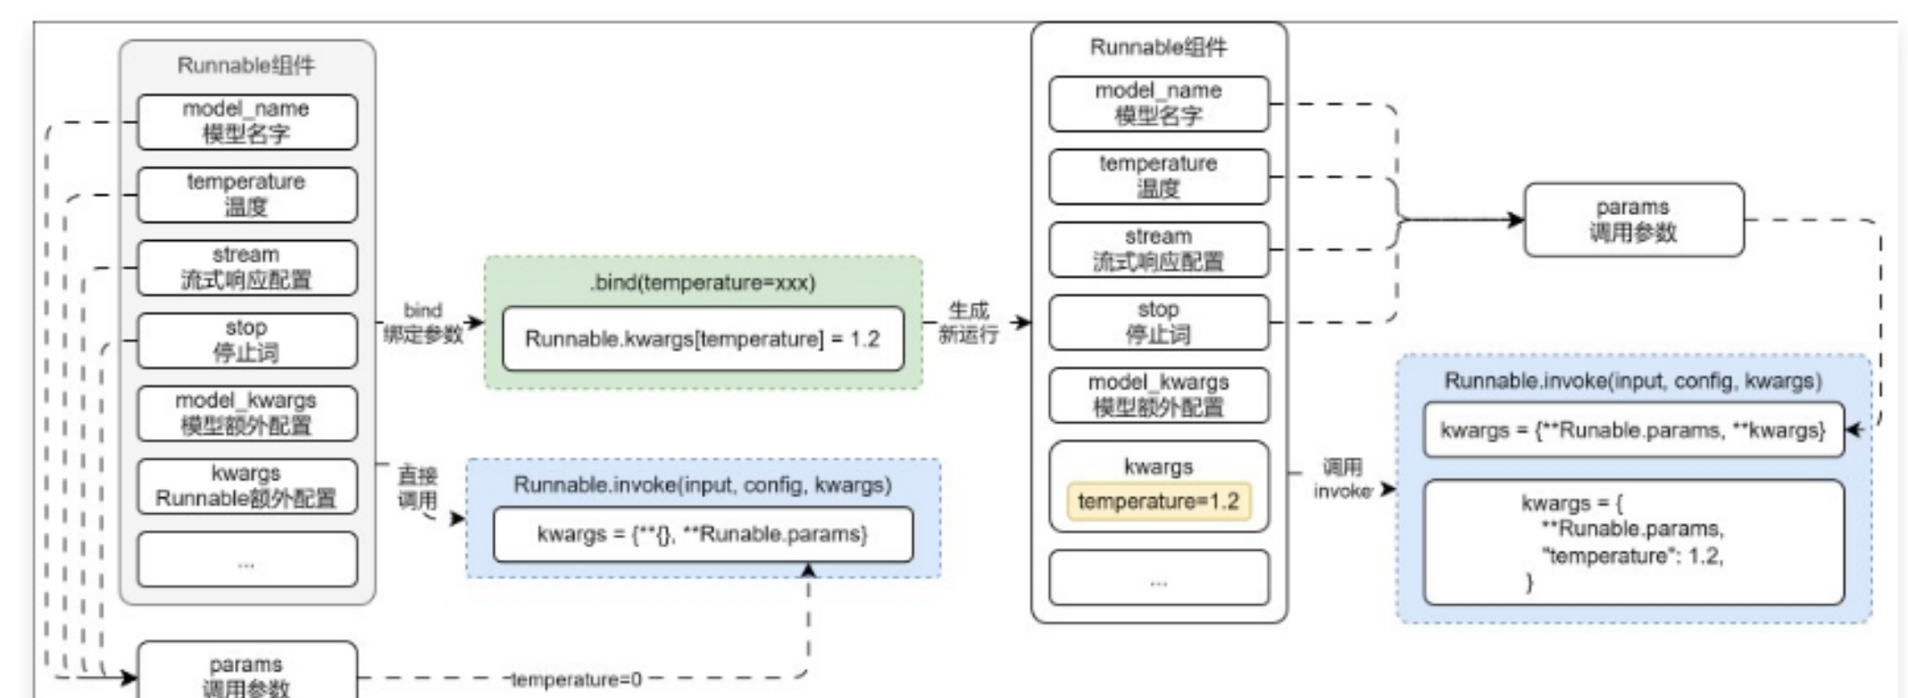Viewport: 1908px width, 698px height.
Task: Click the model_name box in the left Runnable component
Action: [246, 121]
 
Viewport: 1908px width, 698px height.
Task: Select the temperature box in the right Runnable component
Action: [1158, 176]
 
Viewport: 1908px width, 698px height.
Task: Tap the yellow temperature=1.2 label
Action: [1158, 501]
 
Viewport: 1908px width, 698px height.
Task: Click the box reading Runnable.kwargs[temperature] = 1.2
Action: [703, 339]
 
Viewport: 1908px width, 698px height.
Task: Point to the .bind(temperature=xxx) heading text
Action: [703, 283]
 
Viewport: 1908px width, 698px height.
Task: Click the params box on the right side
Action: [1633, 220]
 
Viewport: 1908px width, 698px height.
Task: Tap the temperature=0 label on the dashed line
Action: [577, 680]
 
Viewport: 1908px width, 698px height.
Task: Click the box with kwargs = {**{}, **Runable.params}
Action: [703, 534]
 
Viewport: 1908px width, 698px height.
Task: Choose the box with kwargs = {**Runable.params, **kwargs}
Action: [1633, 430]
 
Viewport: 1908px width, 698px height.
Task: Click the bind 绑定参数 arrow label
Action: [423, 323]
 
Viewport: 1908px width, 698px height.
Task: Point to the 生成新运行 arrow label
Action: [969, 323]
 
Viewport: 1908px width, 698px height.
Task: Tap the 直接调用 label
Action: [417, 487]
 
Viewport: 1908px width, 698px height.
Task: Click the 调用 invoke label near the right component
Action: [1342, 479]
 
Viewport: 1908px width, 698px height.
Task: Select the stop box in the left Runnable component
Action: [246, 340]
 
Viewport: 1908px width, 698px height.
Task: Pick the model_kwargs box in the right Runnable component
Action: [1158, 395]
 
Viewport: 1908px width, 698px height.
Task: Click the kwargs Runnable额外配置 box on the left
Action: [246, 486]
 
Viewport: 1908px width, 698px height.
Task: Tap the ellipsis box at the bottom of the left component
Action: [246, 560]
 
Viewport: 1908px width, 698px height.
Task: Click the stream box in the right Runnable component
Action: [1158, 249]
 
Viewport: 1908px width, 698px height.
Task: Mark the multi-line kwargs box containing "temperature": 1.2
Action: [1633, 543]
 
